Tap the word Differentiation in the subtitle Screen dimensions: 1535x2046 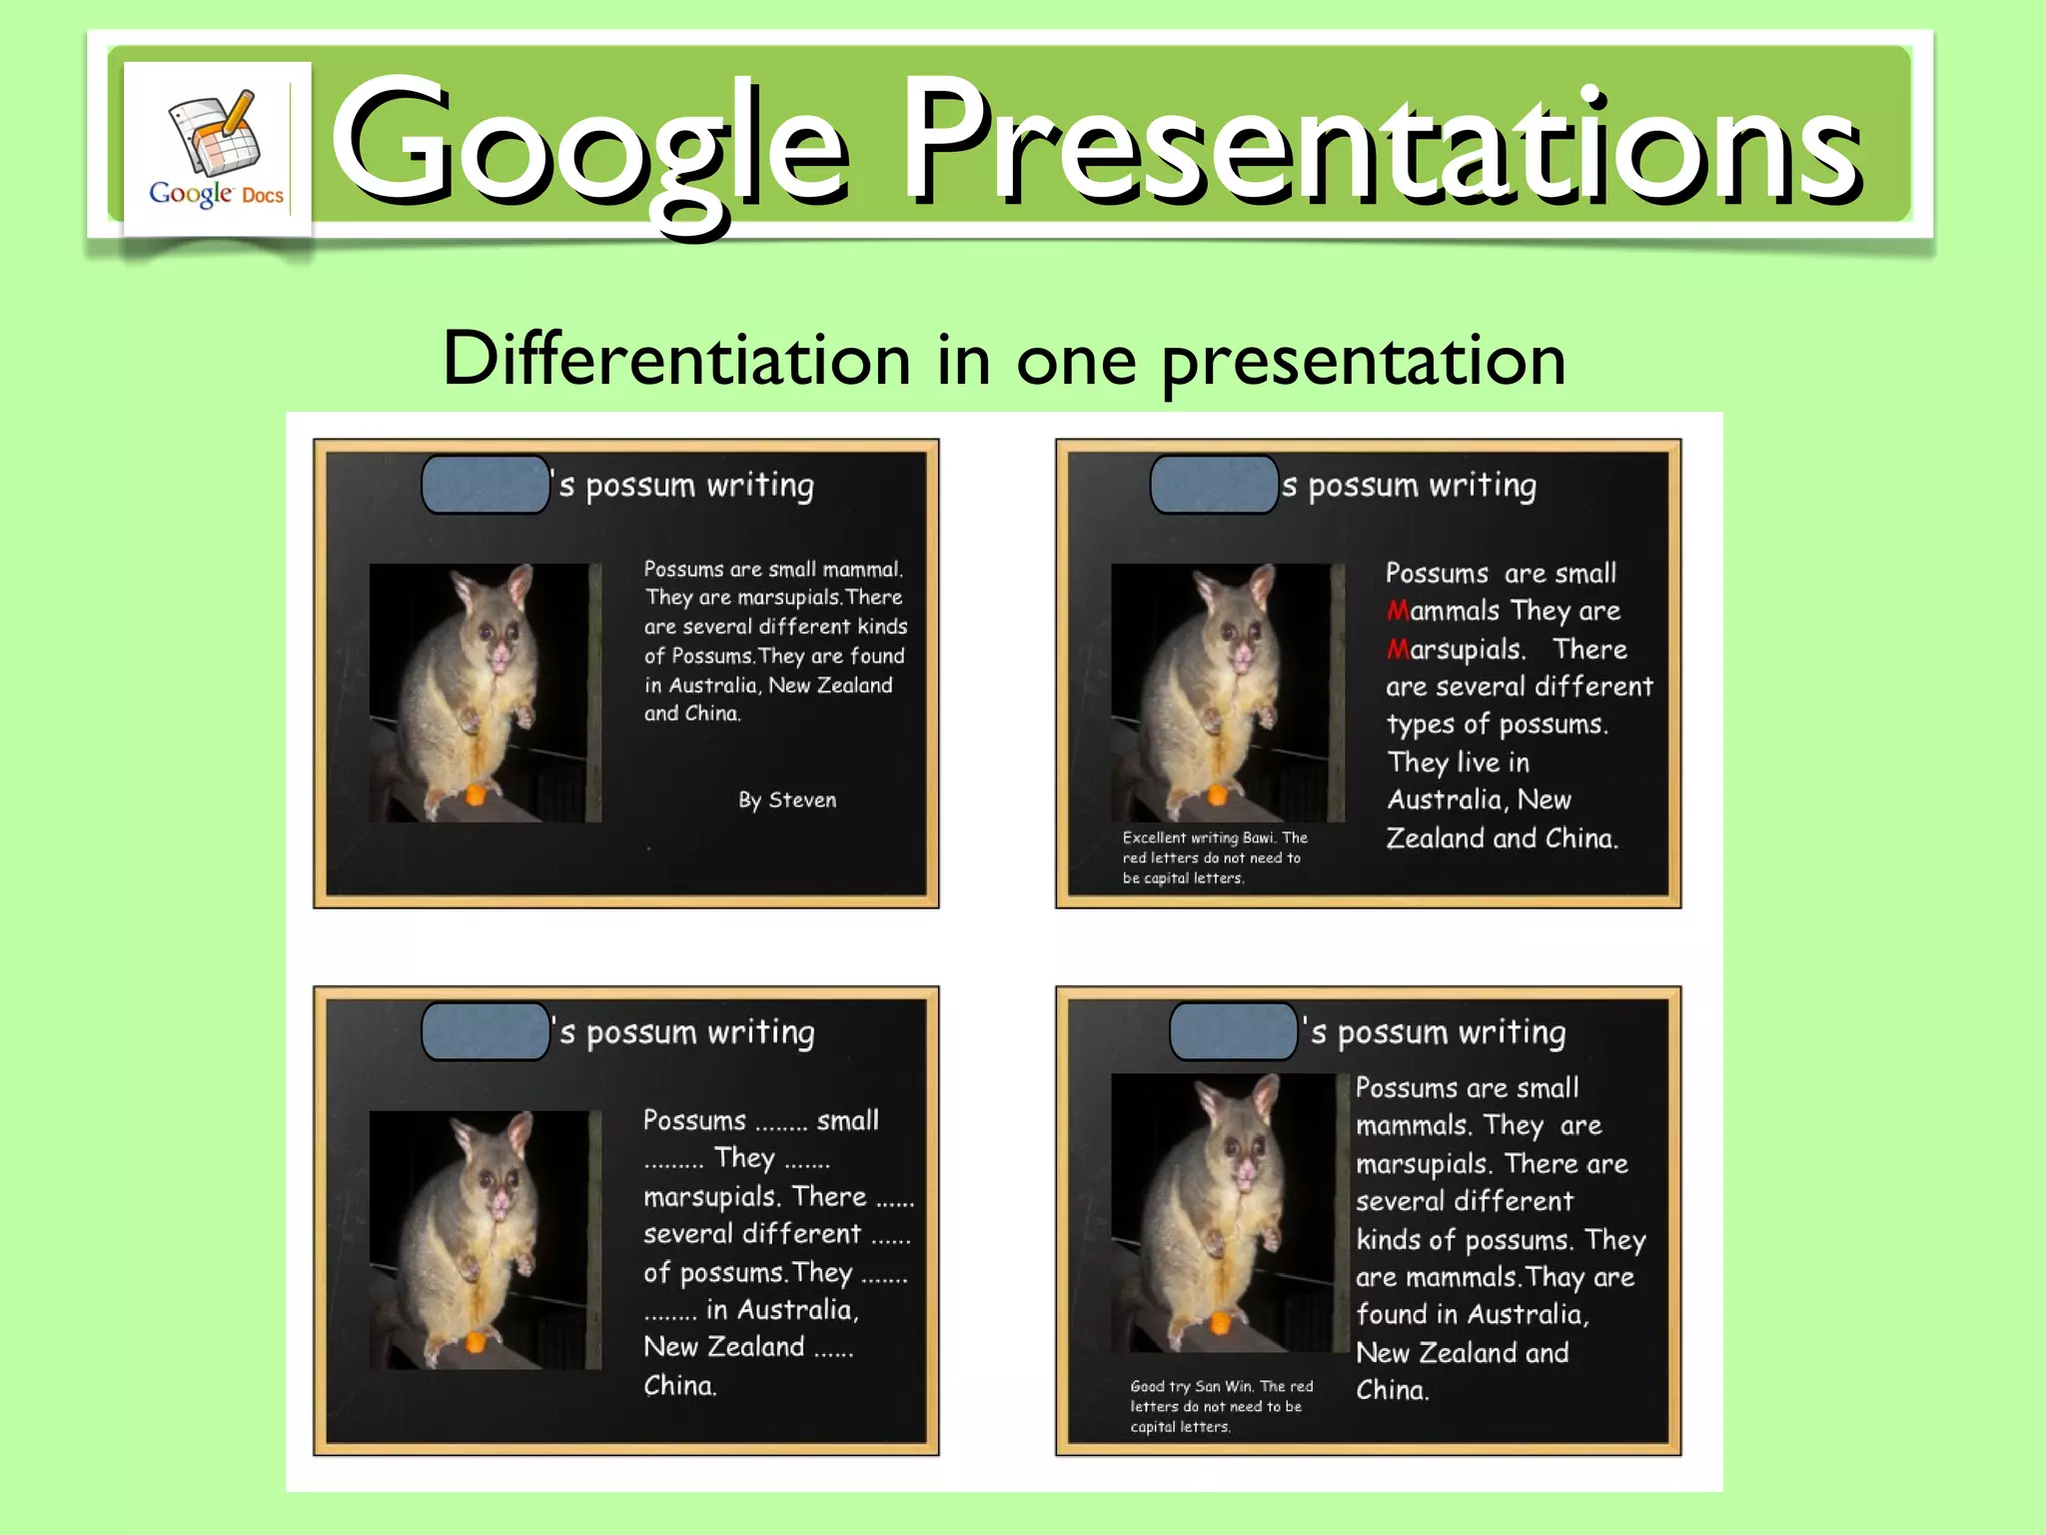676,359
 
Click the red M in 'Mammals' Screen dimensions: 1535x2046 1398,611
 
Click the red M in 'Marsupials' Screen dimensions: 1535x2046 1398,650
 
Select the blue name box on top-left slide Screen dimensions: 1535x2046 486,485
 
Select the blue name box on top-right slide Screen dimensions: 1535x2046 1214,485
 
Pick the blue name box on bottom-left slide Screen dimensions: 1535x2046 486,1031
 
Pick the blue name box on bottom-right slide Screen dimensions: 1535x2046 1233,1031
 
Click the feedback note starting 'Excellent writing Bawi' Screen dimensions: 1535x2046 1214,857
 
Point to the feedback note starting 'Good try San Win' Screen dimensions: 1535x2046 1221,1406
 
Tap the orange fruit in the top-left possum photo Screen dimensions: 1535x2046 477,795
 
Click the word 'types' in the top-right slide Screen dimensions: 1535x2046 1420,725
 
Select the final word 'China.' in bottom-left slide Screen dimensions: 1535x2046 679,1385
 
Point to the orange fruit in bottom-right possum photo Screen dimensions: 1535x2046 1219,1325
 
